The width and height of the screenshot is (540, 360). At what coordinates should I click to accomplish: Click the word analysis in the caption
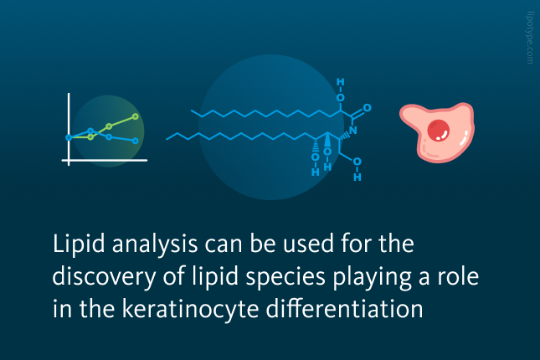pos(155,244)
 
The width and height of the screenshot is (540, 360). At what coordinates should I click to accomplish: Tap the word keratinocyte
pos(190,309)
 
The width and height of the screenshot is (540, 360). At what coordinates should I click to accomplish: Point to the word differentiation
pos(344,308)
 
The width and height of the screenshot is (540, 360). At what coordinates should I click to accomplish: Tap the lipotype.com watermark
pos(530,38)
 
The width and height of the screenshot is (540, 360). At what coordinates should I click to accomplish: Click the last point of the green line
pos(136,116)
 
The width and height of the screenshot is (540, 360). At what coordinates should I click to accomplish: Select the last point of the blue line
pos(136,141)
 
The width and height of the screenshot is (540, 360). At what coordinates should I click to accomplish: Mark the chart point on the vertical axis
pos(69,138)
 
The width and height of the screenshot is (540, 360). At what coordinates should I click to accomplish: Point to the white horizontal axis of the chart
pos(105,160)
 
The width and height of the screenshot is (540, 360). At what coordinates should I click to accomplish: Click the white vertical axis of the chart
pos(69,129)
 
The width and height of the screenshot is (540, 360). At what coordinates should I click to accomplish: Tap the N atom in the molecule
pos(352,131)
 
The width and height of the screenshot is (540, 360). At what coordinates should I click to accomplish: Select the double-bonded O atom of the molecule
pos(368,108)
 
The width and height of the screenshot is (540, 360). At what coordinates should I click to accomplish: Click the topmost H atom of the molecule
pos(340,82)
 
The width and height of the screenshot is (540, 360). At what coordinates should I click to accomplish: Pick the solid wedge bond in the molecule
pos(327,140)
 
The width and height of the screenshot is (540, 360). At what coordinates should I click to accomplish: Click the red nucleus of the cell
pos(439,131)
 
